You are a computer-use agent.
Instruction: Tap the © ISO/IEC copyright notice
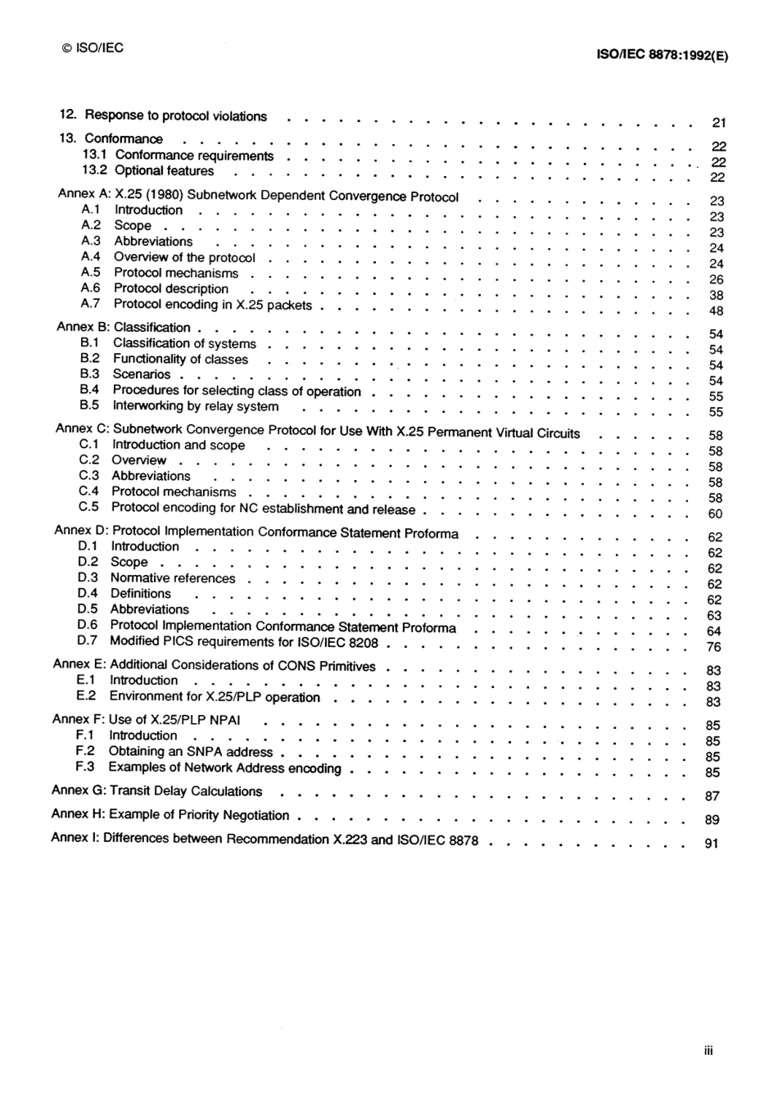93,48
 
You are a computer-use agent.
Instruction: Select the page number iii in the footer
708,1050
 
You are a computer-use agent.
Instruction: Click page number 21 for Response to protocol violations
719,123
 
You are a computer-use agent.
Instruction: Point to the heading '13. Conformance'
111,138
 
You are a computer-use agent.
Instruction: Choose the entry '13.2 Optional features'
147,170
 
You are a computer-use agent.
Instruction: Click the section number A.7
91,303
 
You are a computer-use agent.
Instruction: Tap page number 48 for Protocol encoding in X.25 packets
717,311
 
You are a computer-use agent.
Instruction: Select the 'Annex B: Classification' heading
124,327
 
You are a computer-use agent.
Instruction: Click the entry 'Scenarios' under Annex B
142,374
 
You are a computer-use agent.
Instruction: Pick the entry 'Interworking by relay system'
196,406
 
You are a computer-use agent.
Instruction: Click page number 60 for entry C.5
715,514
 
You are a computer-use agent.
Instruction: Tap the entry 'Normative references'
173,578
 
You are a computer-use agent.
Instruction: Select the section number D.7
88,641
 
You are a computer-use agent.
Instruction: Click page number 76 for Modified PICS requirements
714,647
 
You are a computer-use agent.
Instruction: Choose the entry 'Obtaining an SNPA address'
191,751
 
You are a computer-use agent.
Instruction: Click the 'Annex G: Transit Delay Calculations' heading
156,791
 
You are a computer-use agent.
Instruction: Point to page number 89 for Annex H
712,819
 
